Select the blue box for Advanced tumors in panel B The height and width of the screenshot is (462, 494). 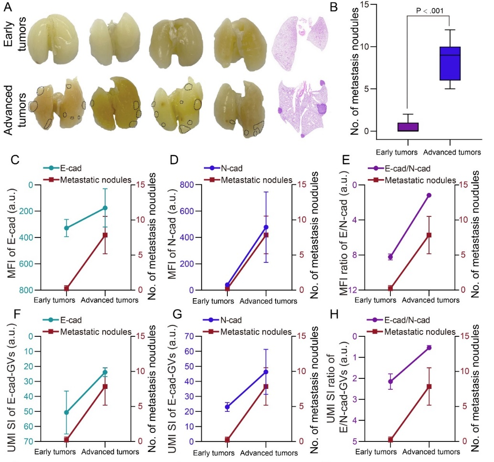[450, 63]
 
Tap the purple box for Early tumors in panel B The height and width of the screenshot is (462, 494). [407, 127]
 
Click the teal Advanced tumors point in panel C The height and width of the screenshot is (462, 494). [105, 208]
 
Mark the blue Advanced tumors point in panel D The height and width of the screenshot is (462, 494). [266, 227]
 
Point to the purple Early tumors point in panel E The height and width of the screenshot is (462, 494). [390, 257]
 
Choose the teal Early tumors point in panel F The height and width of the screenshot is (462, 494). [67, 412]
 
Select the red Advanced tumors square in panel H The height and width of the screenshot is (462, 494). [429, 386]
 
